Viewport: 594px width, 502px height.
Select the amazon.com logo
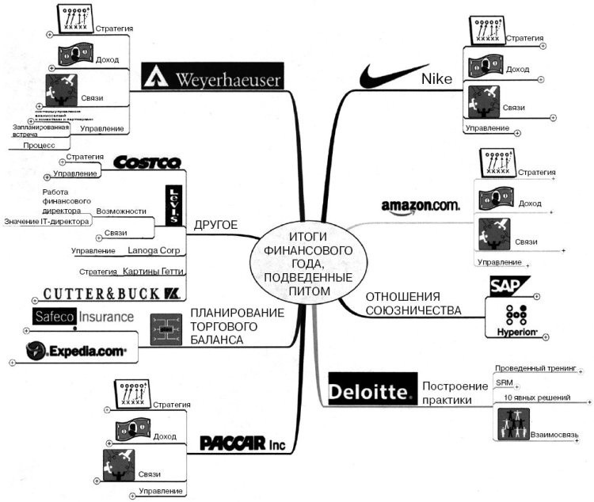tap(420, 206)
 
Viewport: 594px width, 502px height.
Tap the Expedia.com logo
tap(76, 352)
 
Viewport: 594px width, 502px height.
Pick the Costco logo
tap(147, 162)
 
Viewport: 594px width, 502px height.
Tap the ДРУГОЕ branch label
tap(215, 225)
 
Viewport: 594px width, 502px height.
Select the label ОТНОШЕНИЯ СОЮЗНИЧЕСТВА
tap(413, 304)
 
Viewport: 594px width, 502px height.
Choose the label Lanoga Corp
tap(153, 251)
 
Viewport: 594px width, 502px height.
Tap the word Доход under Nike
tap(518, 70)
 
